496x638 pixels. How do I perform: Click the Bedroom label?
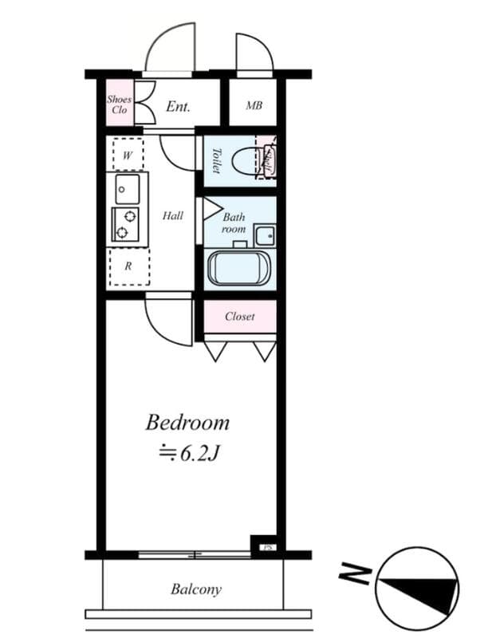[187, 422]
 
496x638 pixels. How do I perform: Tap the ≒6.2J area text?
[188, 453]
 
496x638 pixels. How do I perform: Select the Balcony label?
[195, 590]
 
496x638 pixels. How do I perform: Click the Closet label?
[239, 317]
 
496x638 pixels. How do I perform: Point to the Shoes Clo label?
[120, 104]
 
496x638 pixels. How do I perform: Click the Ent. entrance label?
[177, 106]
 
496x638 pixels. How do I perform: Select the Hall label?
[173, 215]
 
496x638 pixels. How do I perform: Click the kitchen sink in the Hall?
[127, 189]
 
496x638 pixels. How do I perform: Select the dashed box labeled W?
[128, 155]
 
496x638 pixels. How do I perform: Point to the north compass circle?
[418, 589]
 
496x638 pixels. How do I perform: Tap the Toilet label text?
[215, 159]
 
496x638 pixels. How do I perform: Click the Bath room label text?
[234, 223]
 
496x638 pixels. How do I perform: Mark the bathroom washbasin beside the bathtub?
[264, 235]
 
